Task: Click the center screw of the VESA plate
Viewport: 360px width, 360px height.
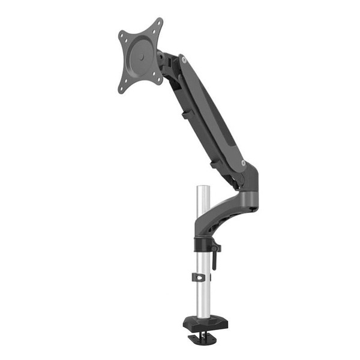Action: tap(140, 55)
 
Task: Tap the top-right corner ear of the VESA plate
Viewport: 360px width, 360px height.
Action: tap(158, 23)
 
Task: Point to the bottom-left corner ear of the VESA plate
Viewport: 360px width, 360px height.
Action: tap(122, 89)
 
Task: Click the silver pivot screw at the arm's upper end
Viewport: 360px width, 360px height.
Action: tap(184, 59)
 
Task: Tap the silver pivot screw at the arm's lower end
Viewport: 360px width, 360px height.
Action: tap(243, 163)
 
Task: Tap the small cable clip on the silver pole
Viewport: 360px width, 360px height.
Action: tap(200, 278)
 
